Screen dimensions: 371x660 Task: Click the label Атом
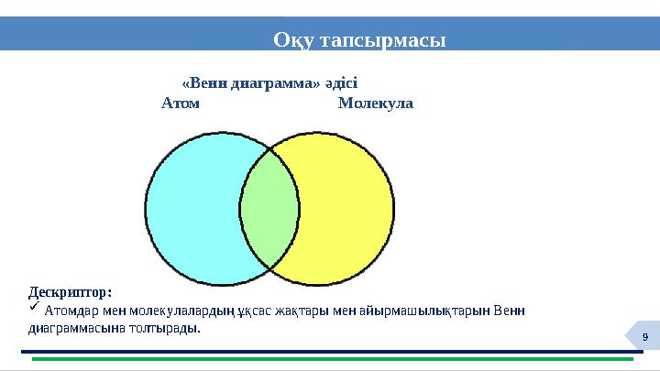coord(181,104)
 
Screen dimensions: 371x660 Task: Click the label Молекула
coord(375,104)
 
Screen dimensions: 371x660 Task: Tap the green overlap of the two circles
coord(269,209)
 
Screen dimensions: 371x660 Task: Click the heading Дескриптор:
coord(71,292)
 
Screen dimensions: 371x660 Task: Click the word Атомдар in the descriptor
coord(71,311)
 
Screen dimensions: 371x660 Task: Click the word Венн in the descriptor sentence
coord(509,311)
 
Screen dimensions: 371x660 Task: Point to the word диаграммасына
coord(74,327)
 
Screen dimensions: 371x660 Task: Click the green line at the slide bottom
coord(330,359)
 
